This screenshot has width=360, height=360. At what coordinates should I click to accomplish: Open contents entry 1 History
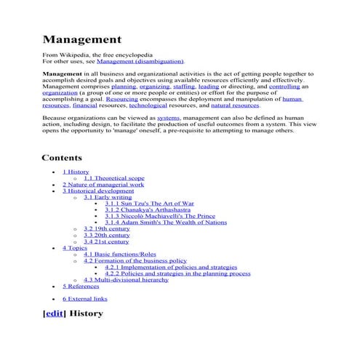pyautogui.click(x=76, y=172)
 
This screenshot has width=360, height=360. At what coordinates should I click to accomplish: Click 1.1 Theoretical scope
pyautogui.click(x=113, y=178)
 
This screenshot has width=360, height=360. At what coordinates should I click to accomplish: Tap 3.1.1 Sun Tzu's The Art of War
pyautogui.click(x=149, y=204)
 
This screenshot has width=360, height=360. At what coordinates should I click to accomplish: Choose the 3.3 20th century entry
pyautogui.click(x=106, y=235)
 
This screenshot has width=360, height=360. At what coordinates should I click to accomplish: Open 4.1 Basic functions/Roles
pyautogui.click(x=119, y=255)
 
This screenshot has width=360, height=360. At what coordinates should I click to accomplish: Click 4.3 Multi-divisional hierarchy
pyautogui.click(x=126, y=279)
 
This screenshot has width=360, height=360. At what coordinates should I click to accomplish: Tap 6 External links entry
pyautogui.click(x=84, y=298)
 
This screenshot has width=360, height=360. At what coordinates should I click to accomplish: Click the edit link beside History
pyautogui.click(x=54, y=313)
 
